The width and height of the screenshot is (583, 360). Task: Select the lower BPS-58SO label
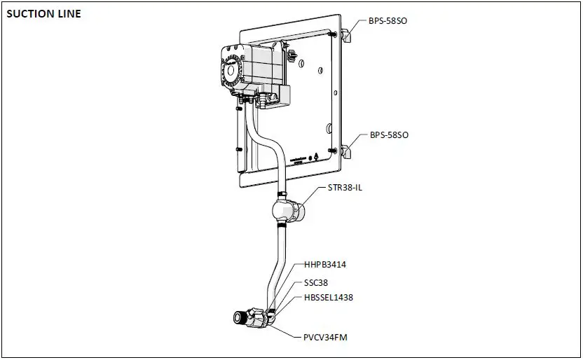coord(388,134)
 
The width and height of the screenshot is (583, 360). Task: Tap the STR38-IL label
coord(345,188)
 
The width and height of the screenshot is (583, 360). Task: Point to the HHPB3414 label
coord(325,265)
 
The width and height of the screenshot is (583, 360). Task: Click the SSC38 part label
coord(317,283)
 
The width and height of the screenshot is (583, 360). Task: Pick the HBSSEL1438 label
coord(329,298)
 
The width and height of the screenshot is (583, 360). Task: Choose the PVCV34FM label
coord(325,338)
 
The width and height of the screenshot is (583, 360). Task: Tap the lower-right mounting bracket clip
coord(346,150)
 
